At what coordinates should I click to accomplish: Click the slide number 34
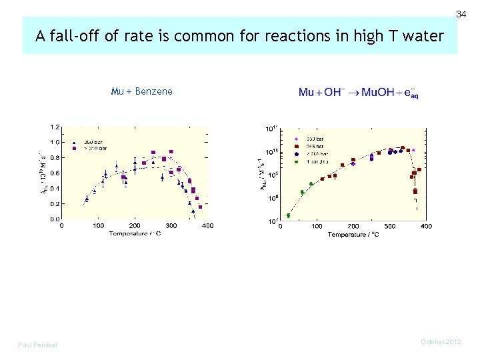pyautogui.click(x=461, y=14)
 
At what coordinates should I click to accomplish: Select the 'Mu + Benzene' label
pyautogui.click(x=142, y=91)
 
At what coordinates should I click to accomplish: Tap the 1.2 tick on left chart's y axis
pyautogui.click(x=54, y=127)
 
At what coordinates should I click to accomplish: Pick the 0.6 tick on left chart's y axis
pyautogui.click(x=54, y=173)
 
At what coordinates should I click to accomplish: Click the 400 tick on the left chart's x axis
pyautogui.click(x=207, y=226)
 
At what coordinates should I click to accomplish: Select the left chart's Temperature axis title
pyautogui.click(x=135, y=233)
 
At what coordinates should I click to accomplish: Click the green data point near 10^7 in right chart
pyautogui.click(x=288, y=215)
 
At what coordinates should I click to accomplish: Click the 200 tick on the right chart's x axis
pyautogui.click(x=353, y=227)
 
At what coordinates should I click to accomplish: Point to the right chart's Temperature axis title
pyautogui.click(x=353, y=235)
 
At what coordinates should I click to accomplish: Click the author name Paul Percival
pyautogui.click(x=37, y=345)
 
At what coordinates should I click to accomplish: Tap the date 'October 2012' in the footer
pyautogui.click(x=441, y=342)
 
